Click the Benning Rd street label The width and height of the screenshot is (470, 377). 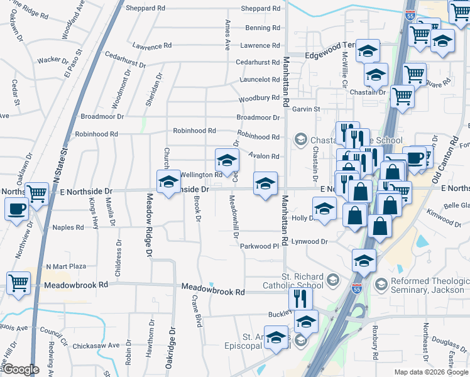[262, 28]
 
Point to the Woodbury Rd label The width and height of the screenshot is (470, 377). [258, 98]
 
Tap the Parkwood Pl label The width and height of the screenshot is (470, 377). [259, 246]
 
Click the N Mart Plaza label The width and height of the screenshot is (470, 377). [66, 266]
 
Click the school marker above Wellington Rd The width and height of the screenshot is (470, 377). [227, 160]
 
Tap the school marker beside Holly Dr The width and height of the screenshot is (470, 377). [324, 208]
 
